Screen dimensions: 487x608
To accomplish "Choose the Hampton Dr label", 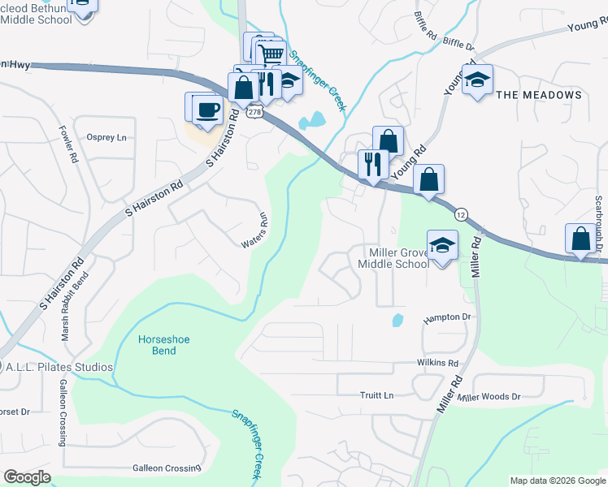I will pyautogui.click(x=446, y=318).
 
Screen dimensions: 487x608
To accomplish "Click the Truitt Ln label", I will pyautogui.click(x=376, y=395).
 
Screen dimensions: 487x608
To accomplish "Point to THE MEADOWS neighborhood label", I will pyautogui.click(x=538, y=95).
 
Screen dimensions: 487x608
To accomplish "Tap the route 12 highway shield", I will pyautogui.click(x=461, y=214).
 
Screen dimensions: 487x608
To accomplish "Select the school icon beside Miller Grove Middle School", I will pyautogui.click(x=442, y=245).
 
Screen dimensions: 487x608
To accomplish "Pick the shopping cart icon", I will pyautogui.click(x=271, y=55).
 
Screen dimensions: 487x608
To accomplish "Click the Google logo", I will pyautogui.click(x=28, y=477).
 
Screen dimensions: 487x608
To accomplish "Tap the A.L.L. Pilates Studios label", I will pyautogui.click(x=59, y=367).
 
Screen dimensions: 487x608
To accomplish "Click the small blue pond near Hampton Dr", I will pyautogui.click(x=397, y=320).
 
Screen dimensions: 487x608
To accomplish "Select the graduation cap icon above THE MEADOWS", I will pyautogui.click(x=478, y=79).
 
